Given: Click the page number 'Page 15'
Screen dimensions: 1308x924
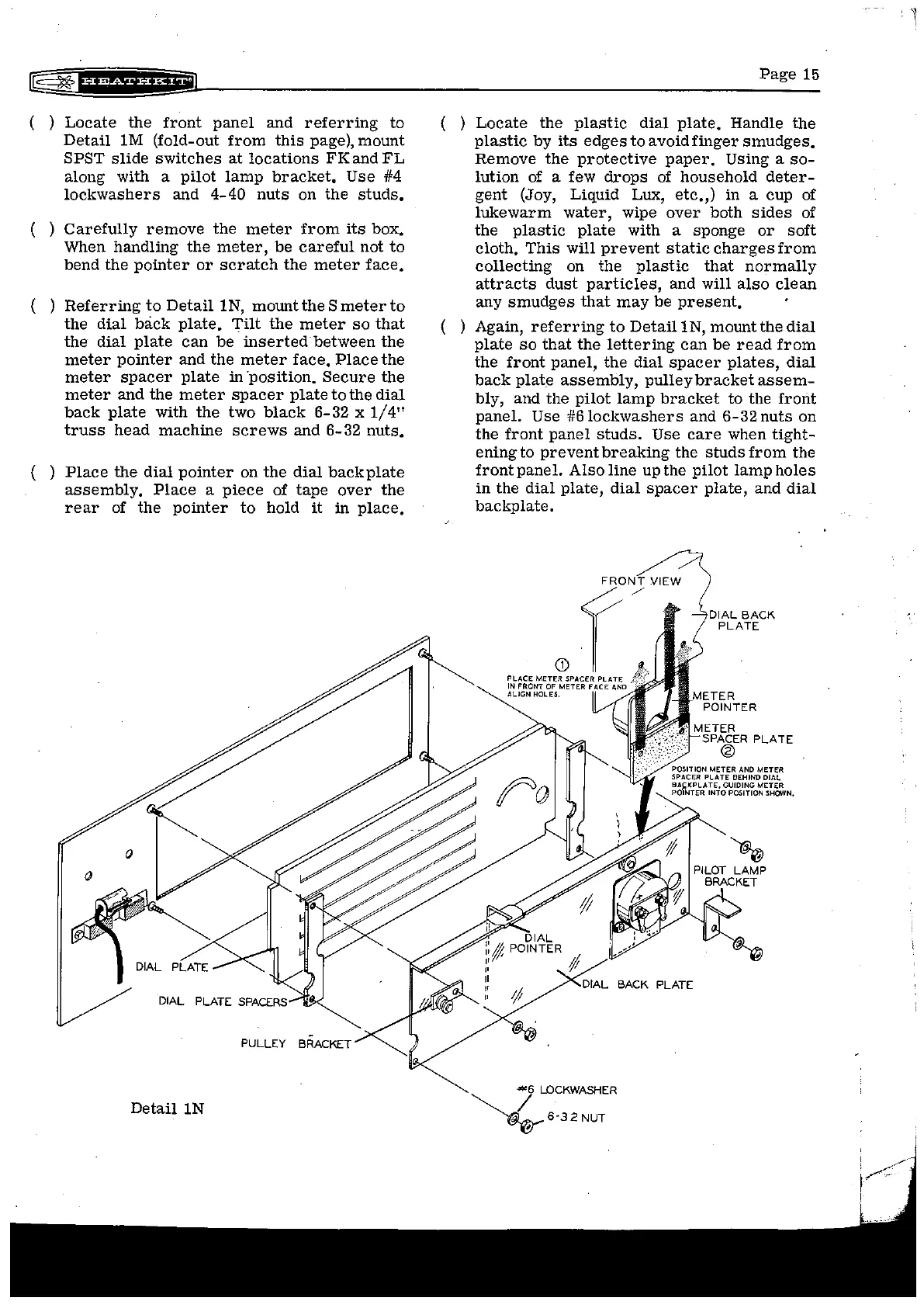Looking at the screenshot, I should pos(789,75).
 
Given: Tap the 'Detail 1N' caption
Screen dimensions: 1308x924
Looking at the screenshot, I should pos(167,1108).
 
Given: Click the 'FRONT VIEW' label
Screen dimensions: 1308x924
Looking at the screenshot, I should pos(641,581).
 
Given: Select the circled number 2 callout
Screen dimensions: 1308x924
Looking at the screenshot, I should pos(727,751).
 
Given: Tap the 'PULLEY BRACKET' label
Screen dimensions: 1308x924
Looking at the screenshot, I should pos(296,1043).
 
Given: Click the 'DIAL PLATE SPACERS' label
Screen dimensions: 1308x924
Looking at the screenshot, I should pos(222,1001).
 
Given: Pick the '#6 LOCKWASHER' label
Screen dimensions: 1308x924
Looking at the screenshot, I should pos(570,1090).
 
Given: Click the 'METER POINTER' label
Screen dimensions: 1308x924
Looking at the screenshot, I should pos(724,702).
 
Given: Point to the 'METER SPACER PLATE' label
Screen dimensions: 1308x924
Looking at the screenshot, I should pos(741,734).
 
